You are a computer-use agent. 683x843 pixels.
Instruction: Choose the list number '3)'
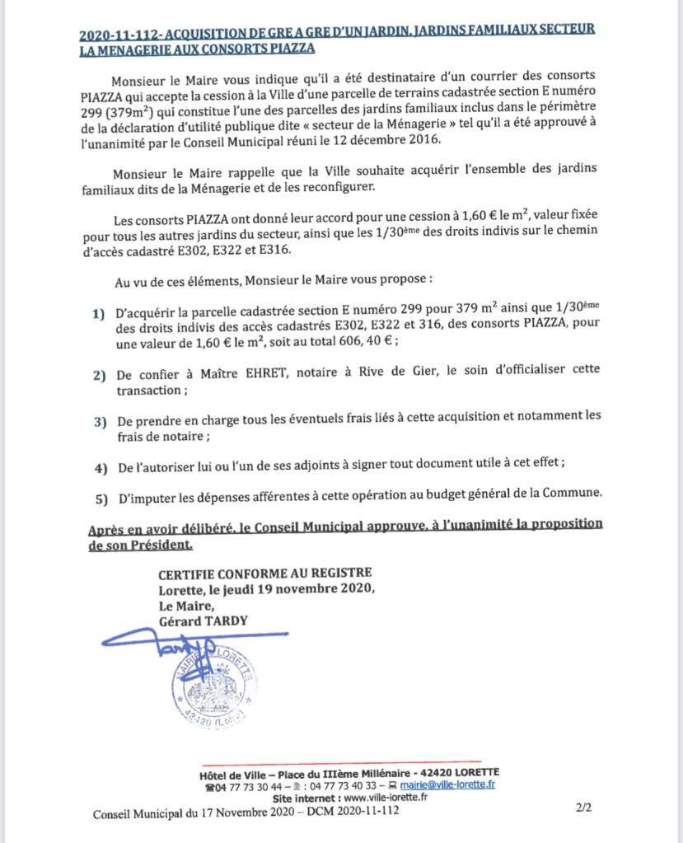click(x=100, y=422)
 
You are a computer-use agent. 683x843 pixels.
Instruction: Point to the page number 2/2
click(x=583, y=811)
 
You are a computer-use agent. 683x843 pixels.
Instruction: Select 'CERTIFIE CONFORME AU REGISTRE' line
click(x=265, y=572)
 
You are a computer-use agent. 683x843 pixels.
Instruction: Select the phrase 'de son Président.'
click(x=140, y=545)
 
